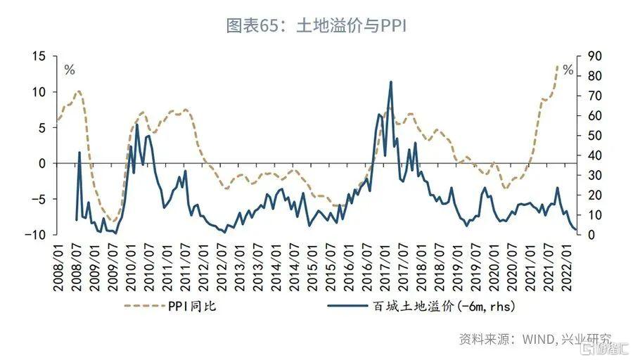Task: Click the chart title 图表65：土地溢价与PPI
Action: (x=316, y=26)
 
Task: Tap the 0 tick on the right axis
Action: (x=584, y=234)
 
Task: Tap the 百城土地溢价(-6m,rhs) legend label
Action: (x=432, y=306)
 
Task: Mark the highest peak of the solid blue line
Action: (x=390, y=82)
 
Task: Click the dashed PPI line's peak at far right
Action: (x=557, y=66)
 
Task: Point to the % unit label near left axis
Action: (x=69, y=70)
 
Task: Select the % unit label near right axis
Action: (x=568, y=70)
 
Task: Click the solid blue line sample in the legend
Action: (x=350, y=306)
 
